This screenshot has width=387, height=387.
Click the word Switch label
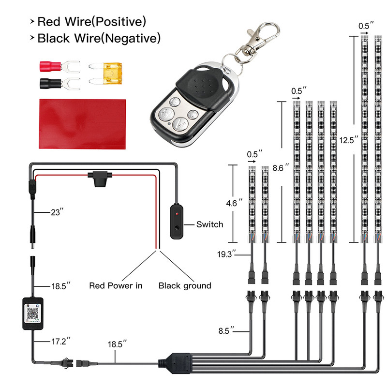pos(210,224)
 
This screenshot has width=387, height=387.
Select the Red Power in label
pos(116,285)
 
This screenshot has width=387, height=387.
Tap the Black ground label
pos(185,285)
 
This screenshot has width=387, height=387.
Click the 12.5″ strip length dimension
pos(349,140)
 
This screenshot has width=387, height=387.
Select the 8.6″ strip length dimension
pos(281,168)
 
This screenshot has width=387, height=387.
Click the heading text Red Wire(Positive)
pos(91,21)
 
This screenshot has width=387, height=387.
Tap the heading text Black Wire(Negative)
pos(99,37)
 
